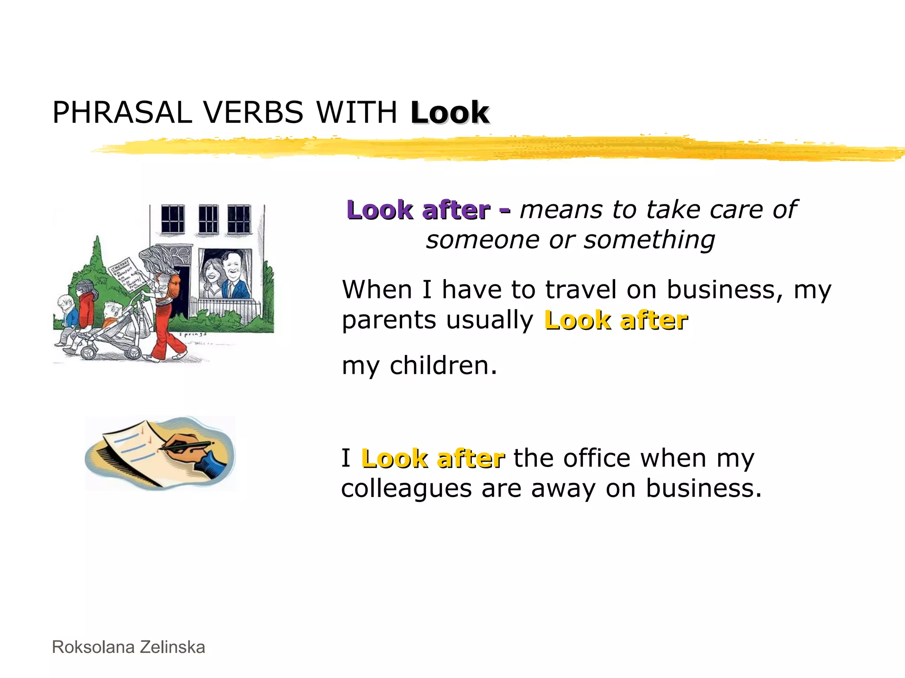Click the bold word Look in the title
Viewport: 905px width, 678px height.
pyautogui.click(x=449, y=113)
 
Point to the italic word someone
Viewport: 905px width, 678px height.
pyautogui.click(x=482, y=240)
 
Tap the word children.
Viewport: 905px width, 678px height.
pyautogui.click(x=443, y=366)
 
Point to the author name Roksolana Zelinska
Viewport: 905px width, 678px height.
pyautogui.click(x=129, y=647)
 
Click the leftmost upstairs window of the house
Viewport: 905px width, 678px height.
pyautogui.click(x=172, y=219)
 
